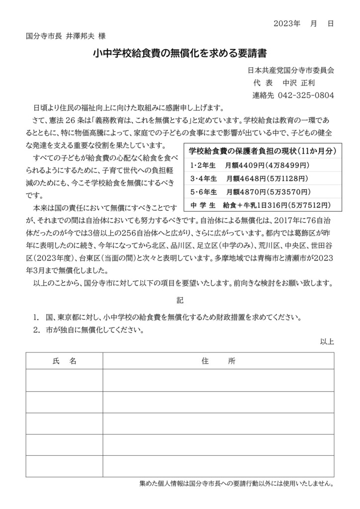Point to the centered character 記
(180, 301)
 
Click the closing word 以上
(327, 341)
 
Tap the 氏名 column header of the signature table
(64, 361)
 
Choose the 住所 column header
(218, 361)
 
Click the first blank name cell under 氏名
(64, 380)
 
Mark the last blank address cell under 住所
(218, 466)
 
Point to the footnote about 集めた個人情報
(237, 483)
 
